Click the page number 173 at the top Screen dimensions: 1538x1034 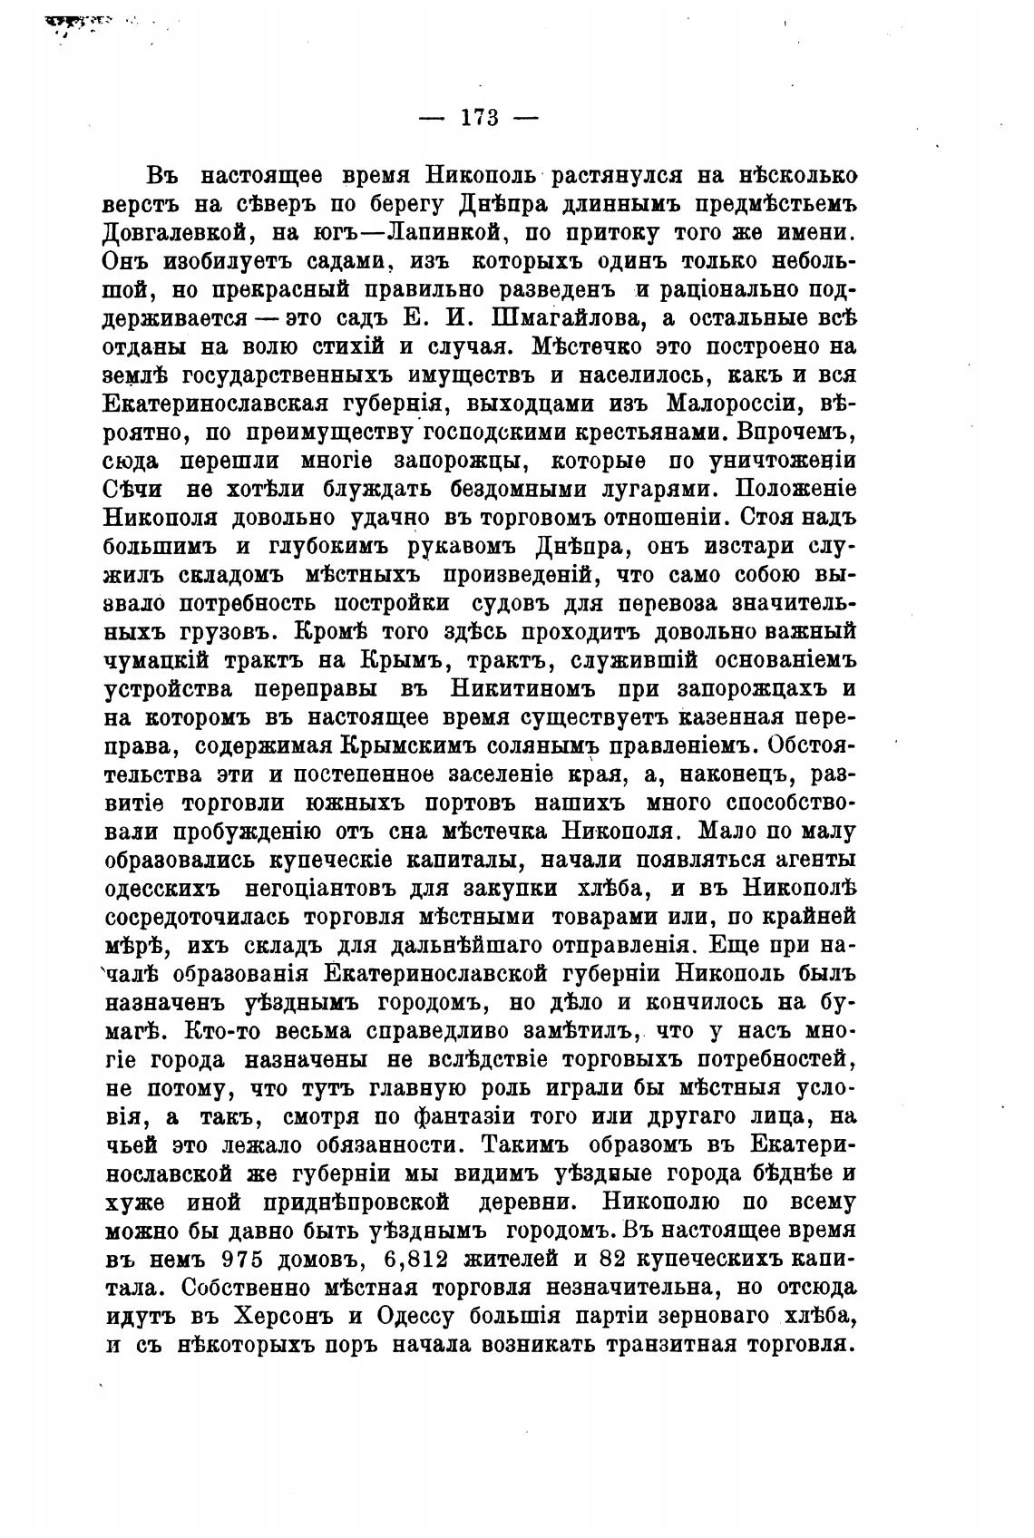[x=480, y=118]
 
